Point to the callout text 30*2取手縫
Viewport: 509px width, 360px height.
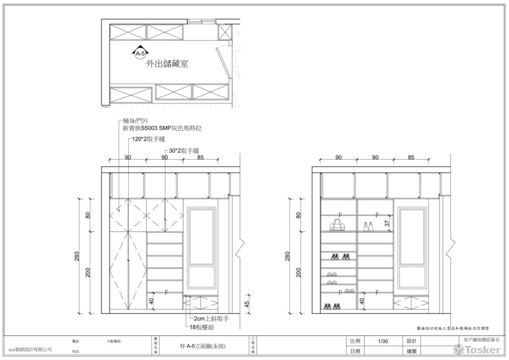coord(184,151)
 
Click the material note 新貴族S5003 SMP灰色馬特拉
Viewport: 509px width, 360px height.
coord(162,129)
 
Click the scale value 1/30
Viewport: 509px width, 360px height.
coord(383,341)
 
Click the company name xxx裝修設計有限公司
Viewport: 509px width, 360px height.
coord(30,350)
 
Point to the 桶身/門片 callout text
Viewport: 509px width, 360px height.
coord(135,121)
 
